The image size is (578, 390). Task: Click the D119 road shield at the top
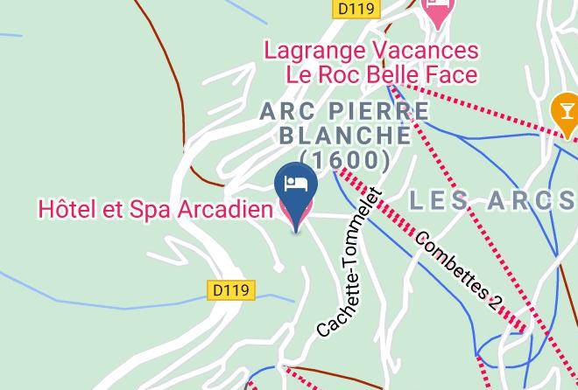[356, 9]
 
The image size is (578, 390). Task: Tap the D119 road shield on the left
[231, 290]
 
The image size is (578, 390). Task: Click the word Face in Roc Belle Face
[452, 74]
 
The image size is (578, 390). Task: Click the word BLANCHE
[344, 136]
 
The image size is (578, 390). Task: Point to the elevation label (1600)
[344, 161]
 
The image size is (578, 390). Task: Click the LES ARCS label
[492, 200]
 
